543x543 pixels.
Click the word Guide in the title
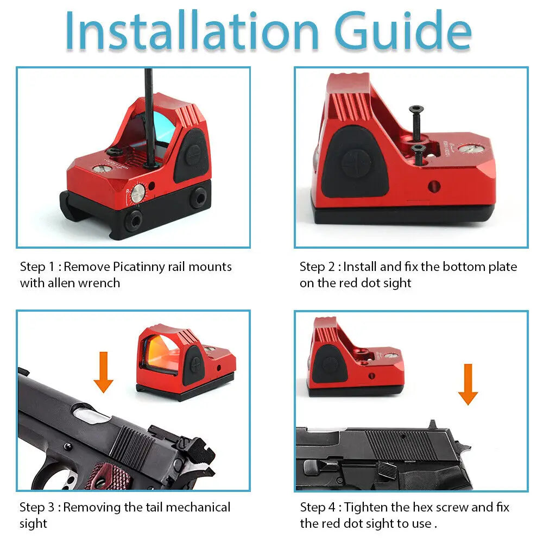point(403,31)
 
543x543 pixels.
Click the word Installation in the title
point(192,30)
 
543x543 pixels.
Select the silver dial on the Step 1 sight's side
point(138,193)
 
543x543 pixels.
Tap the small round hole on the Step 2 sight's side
point(434,186)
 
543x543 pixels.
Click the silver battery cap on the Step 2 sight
point(470,149)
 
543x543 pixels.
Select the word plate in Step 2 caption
point(502,267)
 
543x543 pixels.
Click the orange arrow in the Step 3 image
point(103,372)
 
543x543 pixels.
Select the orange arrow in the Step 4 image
point(468,384)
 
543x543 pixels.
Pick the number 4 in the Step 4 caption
point(331,508)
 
